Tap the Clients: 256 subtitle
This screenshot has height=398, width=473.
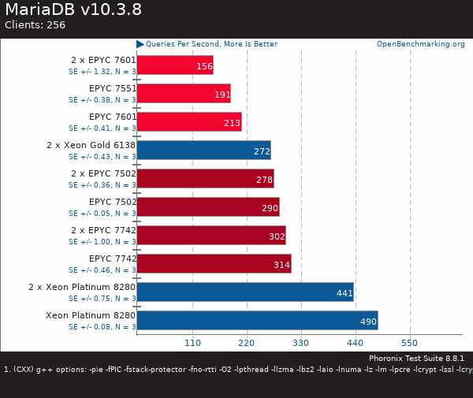point(35,25)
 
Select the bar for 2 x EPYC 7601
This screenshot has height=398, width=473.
point(174,65)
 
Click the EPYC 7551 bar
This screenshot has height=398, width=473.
point(183,93)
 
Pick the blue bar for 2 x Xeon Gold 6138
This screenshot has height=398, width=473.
point(203,150)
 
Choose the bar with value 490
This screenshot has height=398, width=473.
point(257,320)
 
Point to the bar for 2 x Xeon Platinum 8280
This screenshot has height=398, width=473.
point(244,292)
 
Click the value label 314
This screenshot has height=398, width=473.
point(281,265)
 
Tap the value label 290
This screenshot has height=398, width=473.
point(270,208)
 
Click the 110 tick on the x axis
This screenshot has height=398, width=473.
point(192,343)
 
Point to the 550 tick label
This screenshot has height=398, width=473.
point(409,343)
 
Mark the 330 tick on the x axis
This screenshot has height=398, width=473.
point(301,343)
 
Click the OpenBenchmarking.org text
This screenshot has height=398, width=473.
point(420,44)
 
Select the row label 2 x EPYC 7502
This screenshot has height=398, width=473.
point(103,173)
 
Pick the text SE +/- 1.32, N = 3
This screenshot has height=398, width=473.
point(102,72)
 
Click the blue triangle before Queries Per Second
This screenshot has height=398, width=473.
point(140,44)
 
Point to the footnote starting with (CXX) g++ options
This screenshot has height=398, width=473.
point(236,369)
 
